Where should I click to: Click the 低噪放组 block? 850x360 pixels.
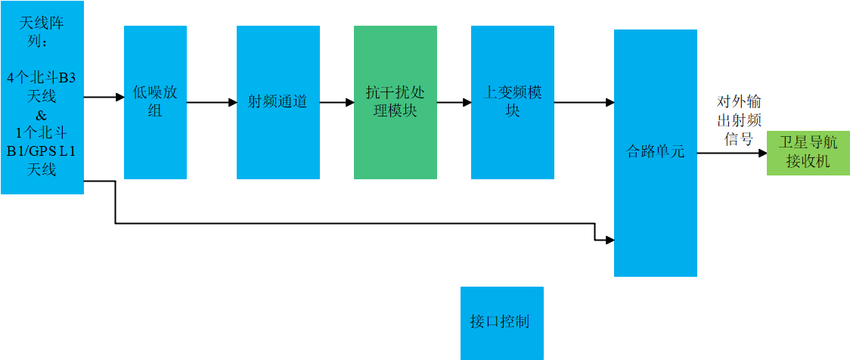(x=155, y=102)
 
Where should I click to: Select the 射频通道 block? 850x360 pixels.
(x=278, y=102)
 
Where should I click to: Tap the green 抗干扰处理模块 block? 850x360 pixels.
(x=395, y=102)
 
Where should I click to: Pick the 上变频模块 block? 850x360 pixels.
(x=512, y=102)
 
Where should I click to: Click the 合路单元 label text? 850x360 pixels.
(x=655, y=151)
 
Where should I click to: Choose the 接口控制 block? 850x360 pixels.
(x=501, y=322)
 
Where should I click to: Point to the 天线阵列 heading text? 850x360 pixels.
(x=42, y=33)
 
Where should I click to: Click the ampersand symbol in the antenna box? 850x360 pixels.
(x=42, y=116)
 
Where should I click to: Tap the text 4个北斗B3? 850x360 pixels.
(x=42, y=78)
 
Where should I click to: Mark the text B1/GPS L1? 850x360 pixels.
(x=42, y=151)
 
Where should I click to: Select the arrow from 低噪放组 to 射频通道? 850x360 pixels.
(x=212, y=102)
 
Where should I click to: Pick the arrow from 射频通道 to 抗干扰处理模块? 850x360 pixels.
(x=337, y=102)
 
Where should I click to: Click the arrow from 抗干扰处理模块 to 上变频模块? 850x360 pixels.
(x=454, y=102)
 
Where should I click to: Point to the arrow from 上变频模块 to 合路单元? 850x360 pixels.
(x=583, y=102)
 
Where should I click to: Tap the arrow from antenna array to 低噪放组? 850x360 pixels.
(x=104, y=97)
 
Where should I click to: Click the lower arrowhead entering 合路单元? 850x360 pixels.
(x=609, y=241)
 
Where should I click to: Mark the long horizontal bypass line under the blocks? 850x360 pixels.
(x=355, y=223)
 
